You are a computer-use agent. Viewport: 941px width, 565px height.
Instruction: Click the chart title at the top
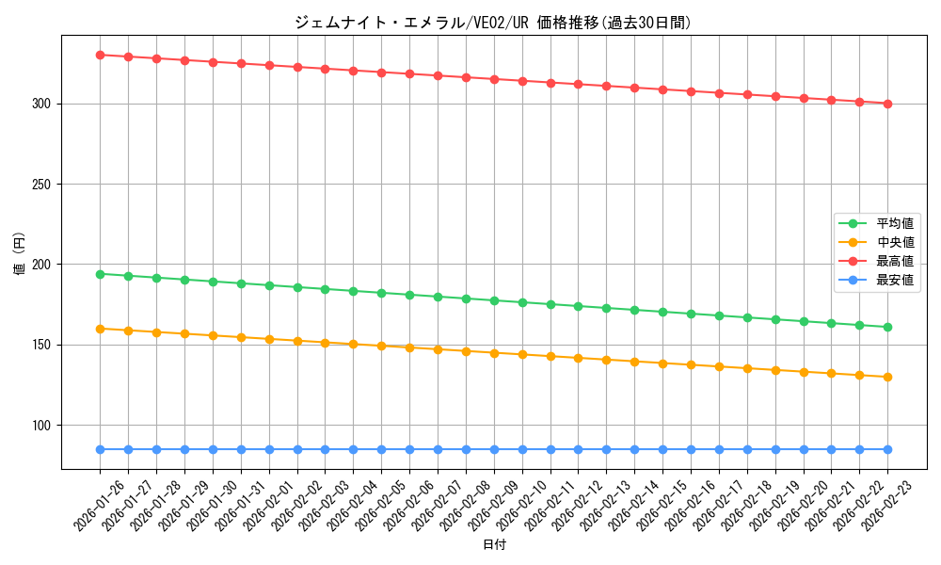tap(493, 23)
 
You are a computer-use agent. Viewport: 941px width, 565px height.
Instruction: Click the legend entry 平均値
tap(895, 224)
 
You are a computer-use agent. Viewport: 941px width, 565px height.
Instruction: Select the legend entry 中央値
tap(895, 243)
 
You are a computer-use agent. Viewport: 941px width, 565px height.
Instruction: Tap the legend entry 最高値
tap(895, 262)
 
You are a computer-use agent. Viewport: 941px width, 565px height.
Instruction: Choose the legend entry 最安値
tap(895, 281)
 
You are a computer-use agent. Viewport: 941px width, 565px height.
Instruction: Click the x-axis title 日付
tap(494, 545)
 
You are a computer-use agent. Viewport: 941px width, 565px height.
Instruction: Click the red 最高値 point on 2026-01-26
tap(100, 55)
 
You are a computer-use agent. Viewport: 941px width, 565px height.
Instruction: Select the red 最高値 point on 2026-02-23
tap(888, 104)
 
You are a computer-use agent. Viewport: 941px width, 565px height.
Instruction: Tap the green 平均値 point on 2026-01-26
tap(100, 274)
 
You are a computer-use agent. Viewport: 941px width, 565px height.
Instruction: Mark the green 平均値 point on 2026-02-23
tap(888, 327)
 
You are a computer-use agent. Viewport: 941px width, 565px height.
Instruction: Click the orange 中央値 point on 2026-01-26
tap(100, 329)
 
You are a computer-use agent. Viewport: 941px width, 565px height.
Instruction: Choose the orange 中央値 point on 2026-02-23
tap(888, 377)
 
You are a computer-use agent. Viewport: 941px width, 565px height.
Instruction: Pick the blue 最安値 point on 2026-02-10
tap(522, 449)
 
